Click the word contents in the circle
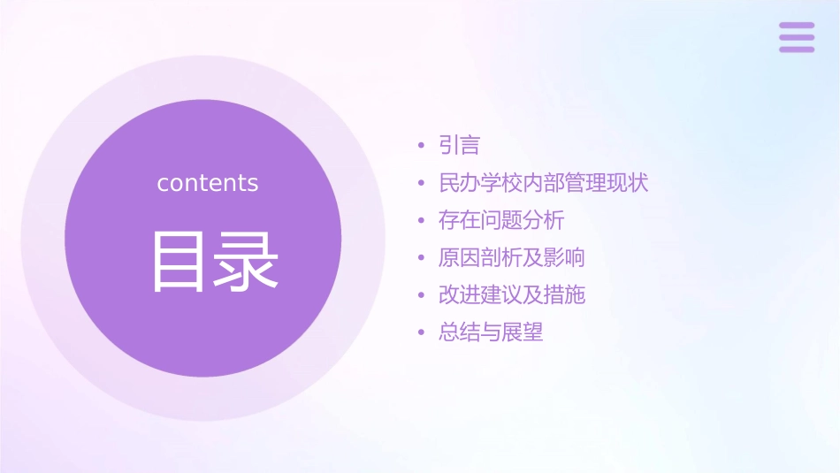(208, 183)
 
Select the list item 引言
(459, 145)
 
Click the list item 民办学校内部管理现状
(543, 183)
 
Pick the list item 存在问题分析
(501, 220)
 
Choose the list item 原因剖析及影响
(511, 258)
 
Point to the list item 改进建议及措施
(511, 295)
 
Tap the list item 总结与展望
(491, 333)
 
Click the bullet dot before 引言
(421, 146)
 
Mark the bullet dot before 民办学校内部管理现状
(421, 184)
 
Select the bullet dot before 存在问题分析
(421, 221)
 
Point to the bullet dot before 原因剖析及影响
(421, 259)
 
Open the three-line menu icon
(797, 37)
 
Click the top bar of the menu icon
(797, 26)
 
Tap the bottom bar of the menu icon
(797, 49)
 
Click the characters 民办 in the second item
(459, 183)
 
